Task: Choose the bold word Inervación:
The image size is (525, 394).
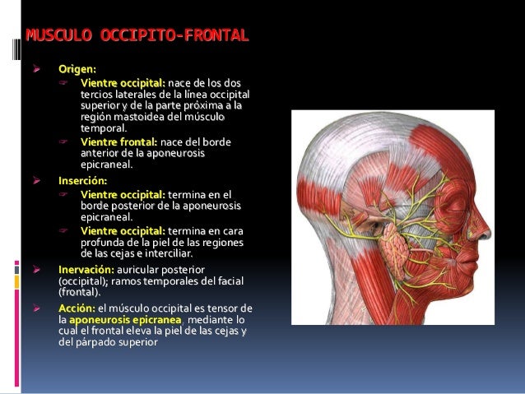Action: [x=86, y=269]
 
